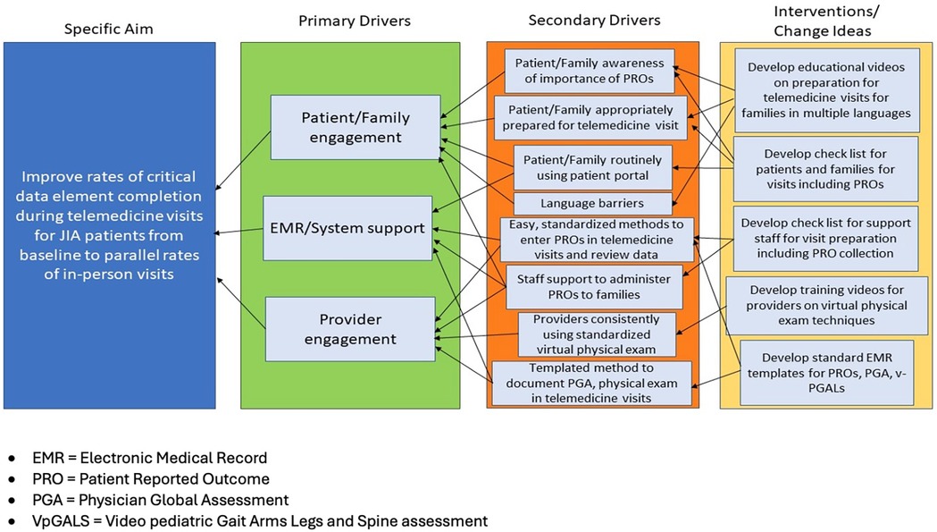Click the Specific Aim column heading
tap(108, 30)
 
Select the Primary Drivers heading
tap(345, 20)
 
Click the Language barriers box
tap(591, 204)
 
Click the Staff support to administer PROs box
tap(594, 286)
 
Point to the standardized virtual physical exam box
tap(596, 333)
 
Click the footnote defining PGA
tap(148, 500)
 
